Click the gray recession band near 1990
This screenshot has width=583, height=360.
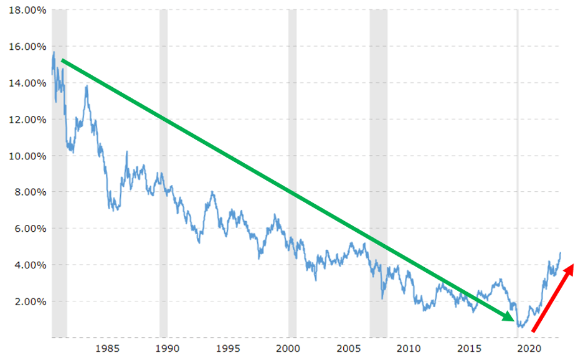point(164,174)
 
